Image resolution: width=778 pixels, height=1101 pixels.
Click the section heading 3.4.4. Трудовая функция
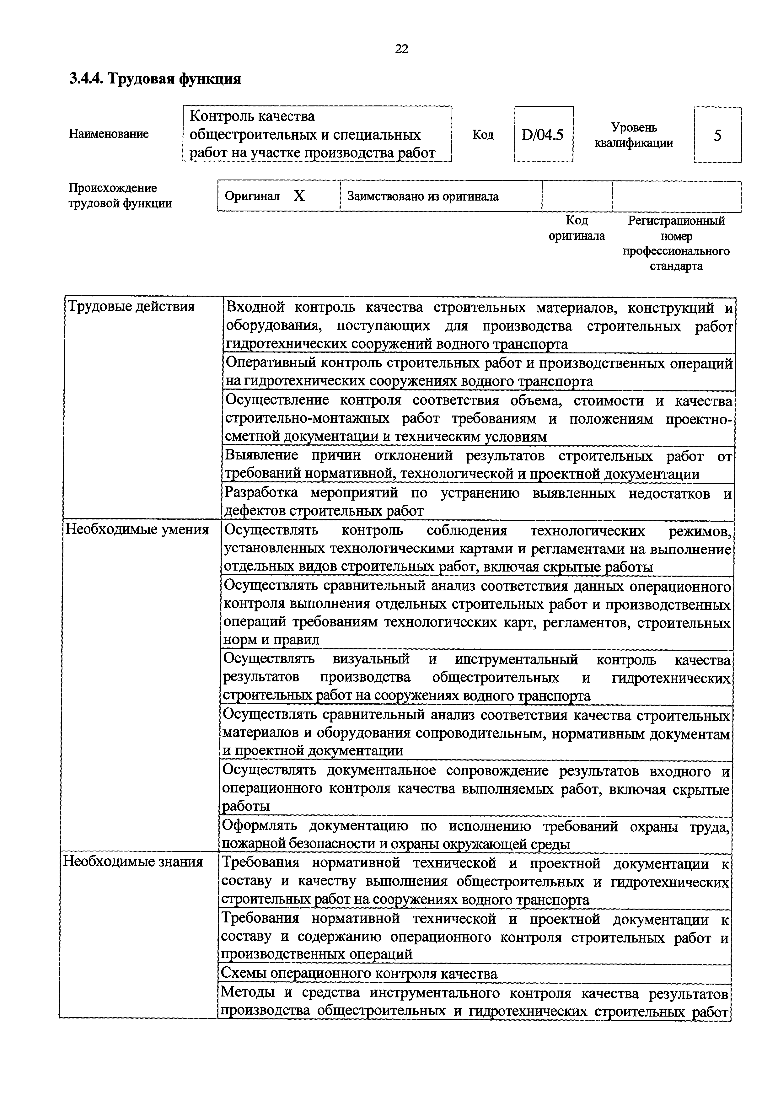pyautogui.click(x=155, y=79)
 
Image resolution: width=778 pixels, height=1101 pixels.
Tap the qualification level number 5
pyautogui.click(x=717, y=135)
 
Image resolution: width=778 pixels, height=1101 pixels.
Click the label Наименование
pyautogui.click(x=109, y=134)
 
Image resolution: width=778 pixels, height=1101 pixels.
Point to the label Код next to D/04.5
pyautogui.click(x=483, y=135)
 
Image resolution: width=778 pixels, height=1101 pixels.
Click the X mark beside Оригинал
pyautogui.click(x=299, y=196)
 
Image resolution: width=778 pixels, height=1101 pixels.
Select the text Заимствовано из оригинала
pyautogui.click(x=423, y=196)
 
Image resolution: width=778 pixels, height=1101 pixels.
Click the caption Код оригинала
pyautogui.click(x=577, y=228)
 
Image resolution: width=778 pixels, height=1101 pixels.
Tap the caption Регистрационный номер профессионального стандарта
pyautogui.click(x=676, y=243)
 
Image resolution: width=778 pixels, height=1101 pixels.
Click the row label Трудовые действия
pyautogui.click(x=131, y=306)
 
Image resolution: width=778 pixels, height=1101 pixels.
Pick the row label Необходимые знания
pyautogui.click(x=133, y=862)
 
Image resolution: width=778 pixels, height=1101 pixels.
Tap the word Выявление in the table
pyautogui.click(x=261, y=455)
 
